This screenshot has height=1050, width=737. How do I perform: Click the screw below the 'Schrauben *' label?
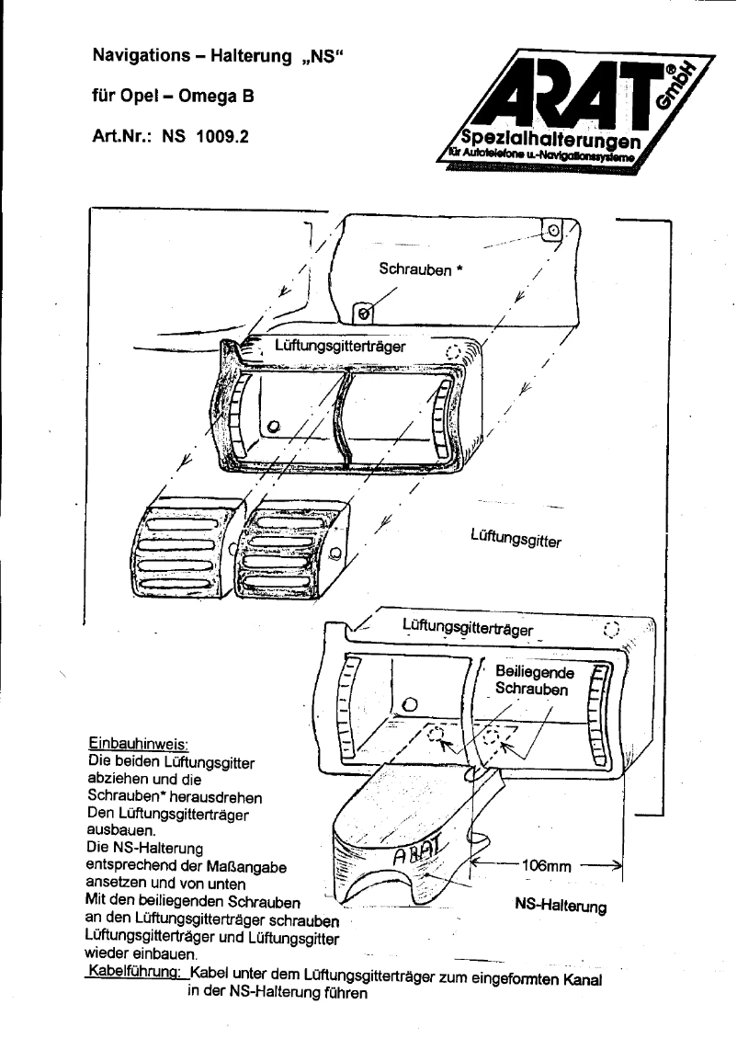pyautogui.click(x=365, y=314)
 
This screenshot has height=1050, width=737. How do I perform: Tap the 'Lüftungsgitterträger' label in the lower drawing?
pyautogui.click(x=468, y=629)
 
